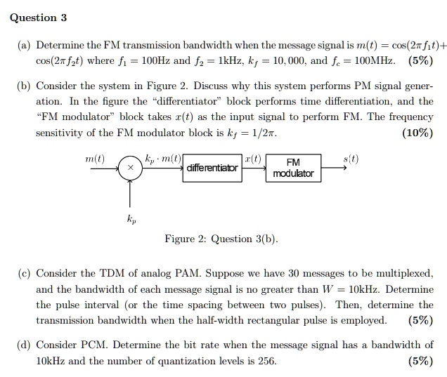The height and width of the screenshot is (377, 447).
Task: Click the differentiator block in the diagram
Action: [212, 168]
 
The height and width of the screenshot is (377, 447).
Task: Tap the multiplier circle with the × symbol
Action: [129, 168]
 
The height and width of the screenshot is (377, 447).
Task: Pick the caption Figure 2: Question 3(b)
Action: [221, 239]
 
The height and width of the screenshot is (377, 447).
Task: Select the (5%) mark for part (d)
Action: [420, 362]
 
